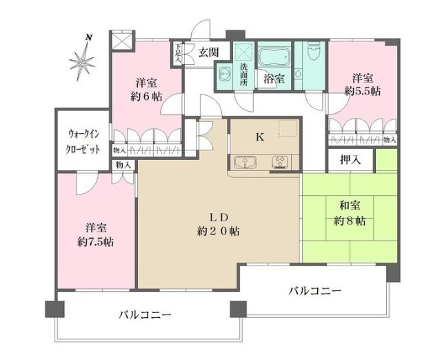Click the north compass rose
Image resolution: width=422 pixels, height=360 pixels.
click(x=84, y=60)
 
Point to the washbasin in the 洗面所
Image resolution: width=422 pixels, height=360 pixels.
click(x=223, y=74)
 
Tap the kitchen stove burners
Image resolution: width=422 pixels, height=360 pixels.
click(x=281, y=163)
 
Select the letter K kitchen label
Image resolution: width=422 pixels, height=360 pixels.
click(x=259, y=137)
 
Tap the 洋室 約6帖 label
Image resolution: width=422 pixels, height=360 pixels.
click(x=148, y=88)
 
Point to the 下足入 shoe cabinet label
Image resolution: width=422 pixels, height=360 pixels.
click(x=178, y=54)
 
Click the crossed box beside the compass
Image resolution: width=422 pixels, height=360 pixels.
click(x=121, y=41)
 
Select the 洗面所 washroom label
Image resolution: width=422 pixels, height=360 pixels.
click(x=245, y=72)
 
